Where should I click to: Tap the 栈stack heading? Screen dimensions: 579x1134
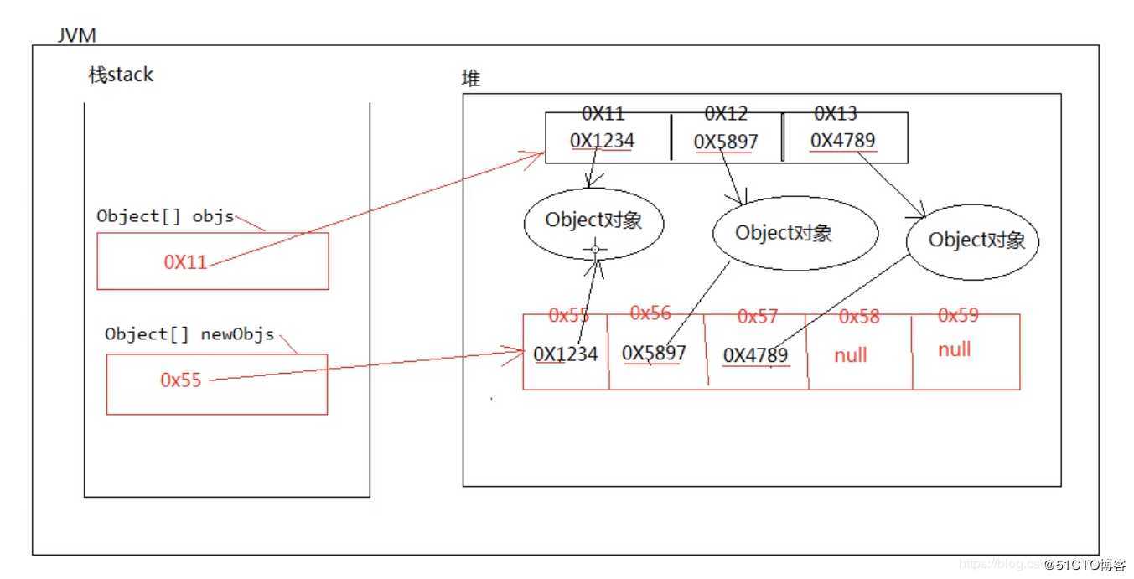coord(121,75)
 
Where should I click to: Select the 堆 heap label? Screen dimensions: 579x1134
coord(472,79)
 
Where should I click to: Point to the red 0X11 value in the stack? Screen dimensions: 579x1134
coord(185,261)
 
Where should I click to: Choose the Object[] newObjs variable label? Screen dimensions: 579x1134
coord(189,334)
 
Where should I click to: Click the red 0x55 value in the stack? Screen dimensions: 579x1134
coord(181,380)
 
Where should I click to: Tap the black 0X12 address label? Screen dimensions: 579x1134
coord(726,114)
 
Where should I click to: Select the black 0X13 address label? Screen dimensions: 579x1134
coord(836,114)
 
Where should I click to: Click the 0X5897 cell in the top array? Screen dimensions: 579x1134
coord(726,142)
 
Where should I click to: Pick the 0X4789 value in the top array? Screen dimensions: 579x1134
coord(842,141)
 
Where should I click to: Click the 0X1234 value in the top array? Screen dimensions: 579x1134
coord(602,141)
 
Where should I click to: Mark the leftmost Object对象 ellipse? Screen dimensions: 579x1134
coord(593,221)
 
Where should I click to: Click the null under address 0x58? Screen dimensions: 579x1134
coord(851,355)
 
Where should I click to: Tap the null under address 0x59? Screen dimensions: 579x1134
coord(954,349)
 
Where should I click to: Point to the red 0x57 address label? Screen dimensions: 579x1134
coord(758,317)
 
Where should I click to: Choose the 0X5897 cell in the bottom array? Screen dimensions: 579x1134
coord(654,353)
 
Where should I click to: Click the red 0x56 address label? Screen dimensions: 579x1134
coord(650,313)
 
